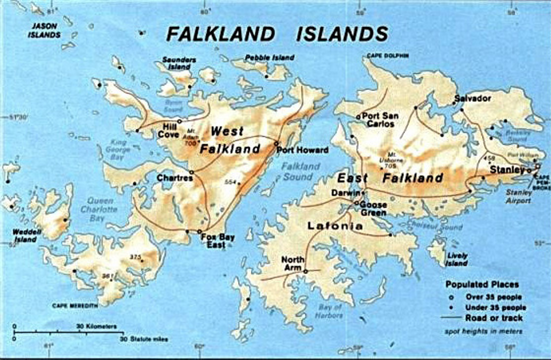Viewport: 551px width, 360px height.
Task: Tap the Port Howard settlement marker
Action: tap(276, 143)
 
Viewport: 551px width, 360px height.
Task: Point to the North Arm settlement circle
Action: tap(305, 271)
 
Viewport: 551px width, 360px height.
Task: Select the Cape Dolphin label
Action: tap(387, 55)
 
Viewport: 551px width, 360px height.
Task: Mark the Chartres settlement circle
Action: tap(191, 172)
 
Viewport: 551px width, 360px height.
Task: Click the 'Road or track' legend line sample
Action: tap(451, 317)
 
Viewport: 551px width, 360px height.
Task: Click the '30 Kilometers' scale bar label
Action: tap(96, 326)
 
